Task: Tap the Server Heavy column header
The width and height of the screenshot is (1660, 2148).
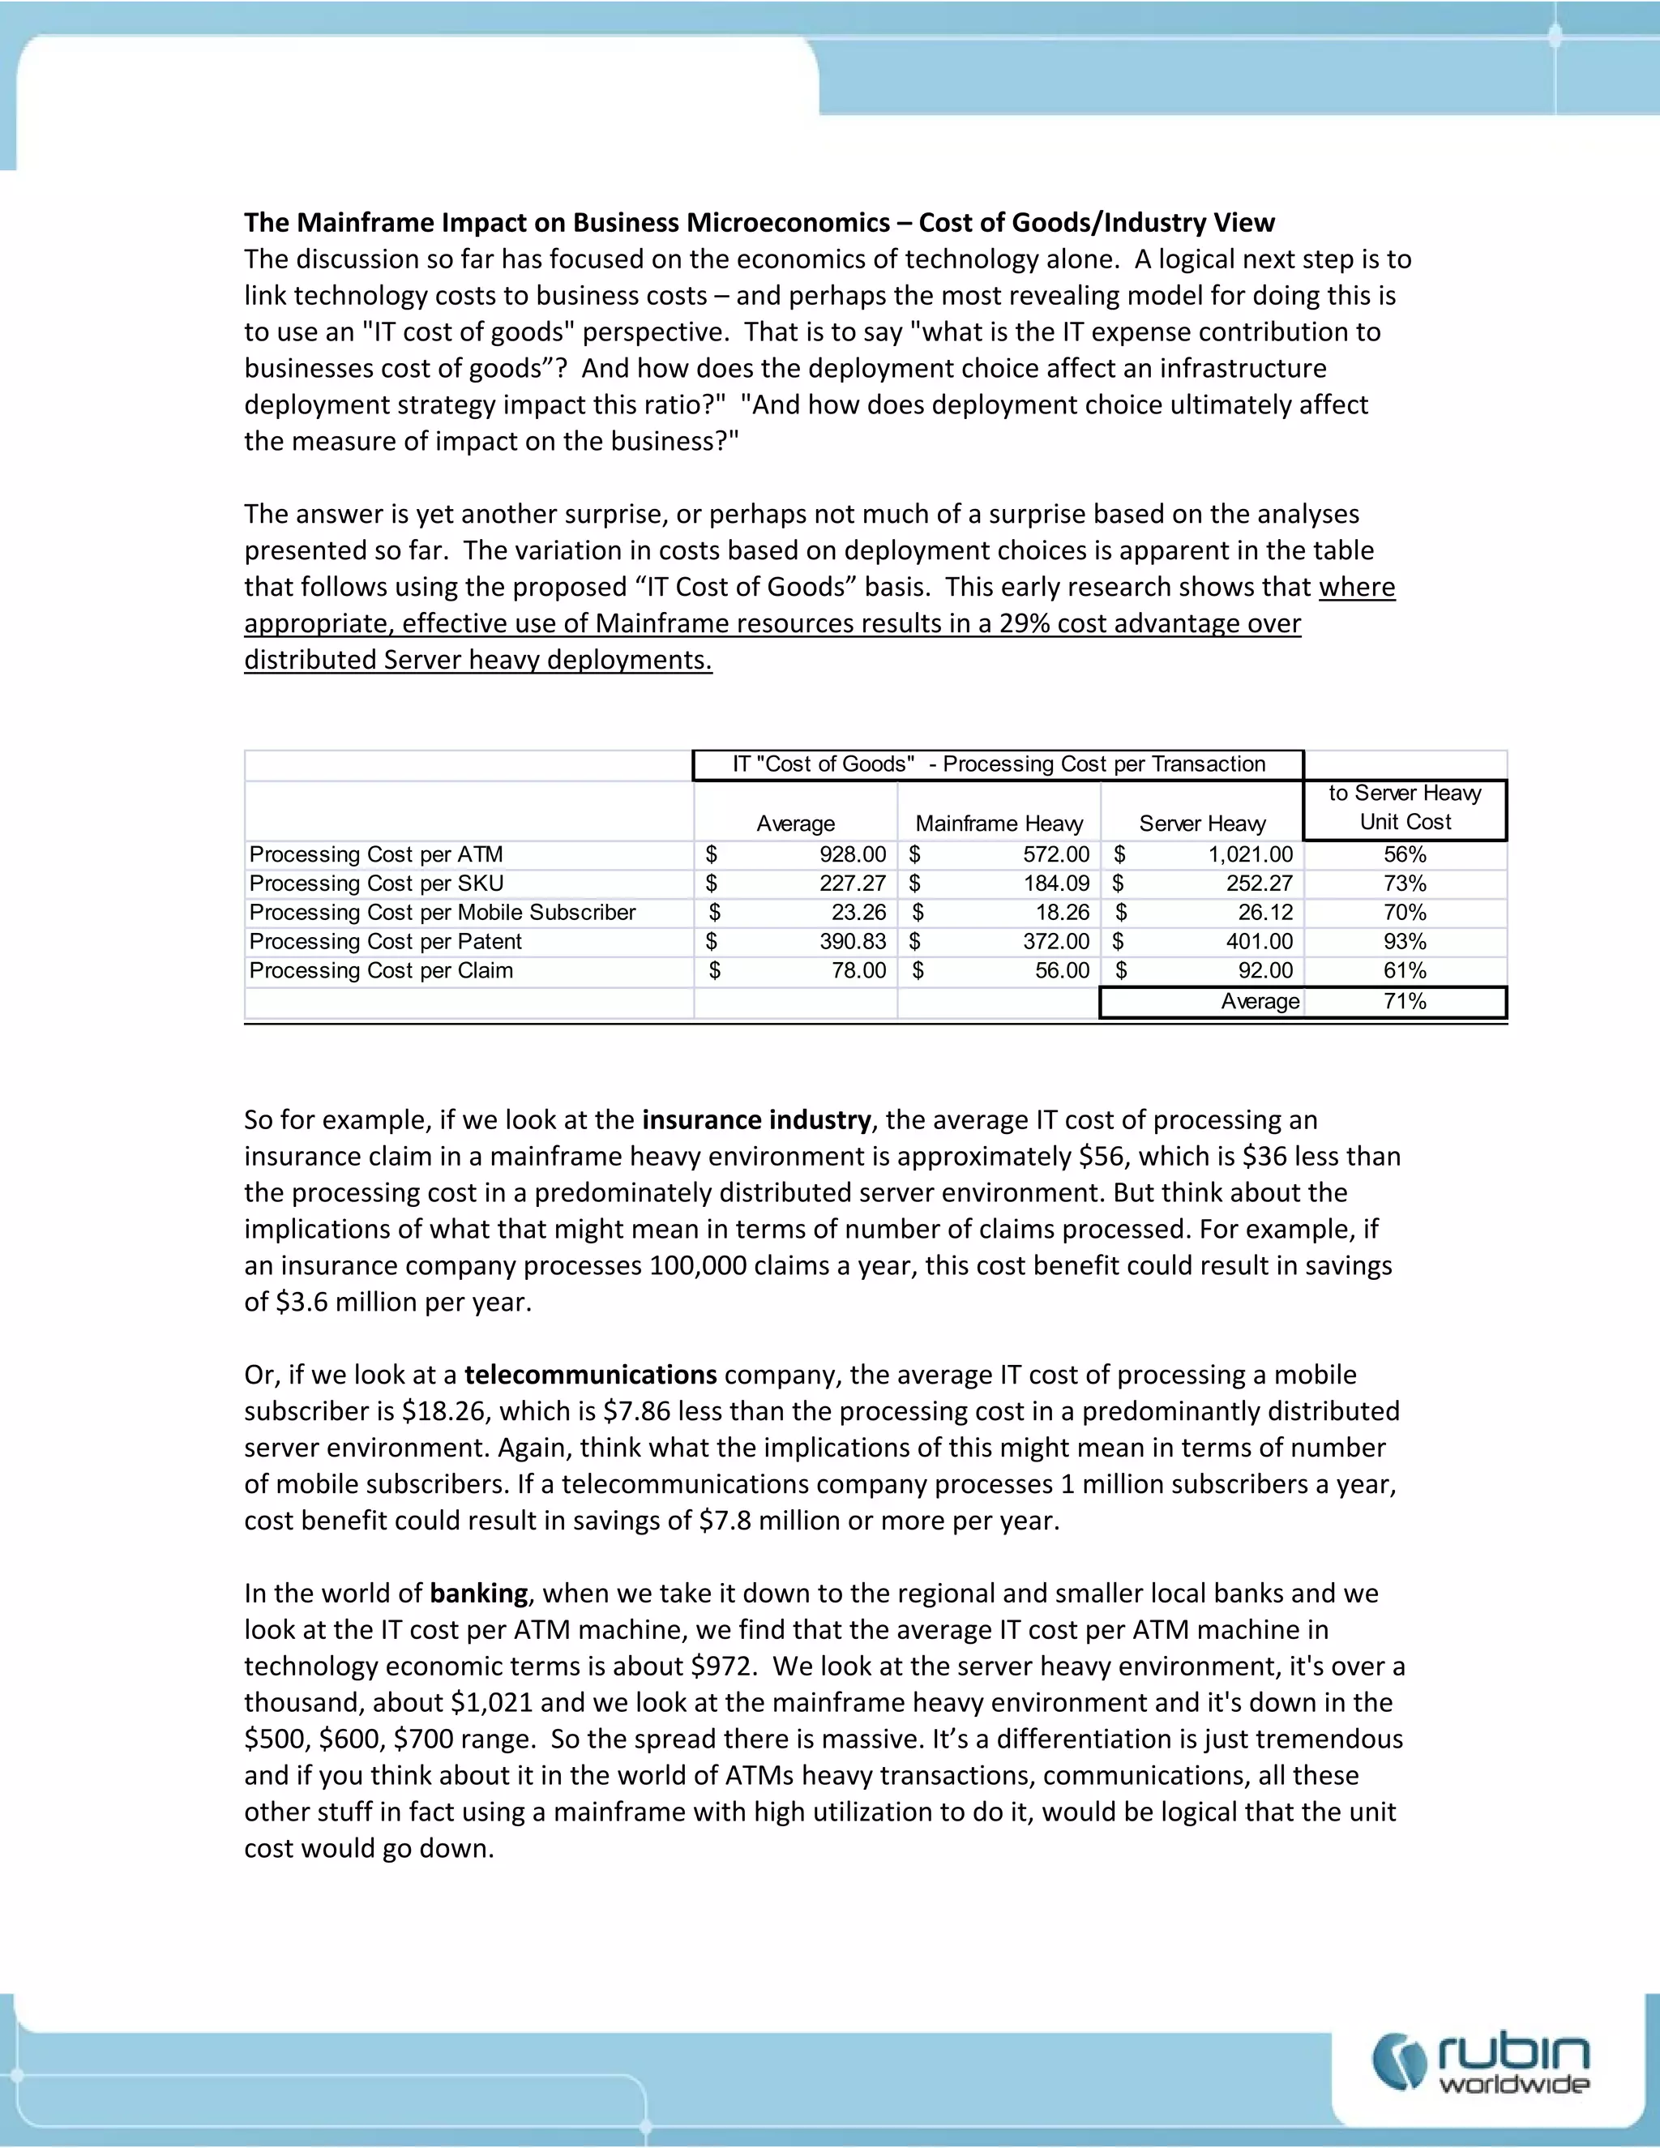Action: (x=1202, y=824)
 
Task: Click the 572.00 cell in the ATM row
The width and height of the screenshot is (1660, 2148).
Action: (x=1056, y=854)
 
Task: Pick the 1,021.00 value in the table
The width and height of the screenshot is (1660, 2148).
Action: (x=1250, y=854)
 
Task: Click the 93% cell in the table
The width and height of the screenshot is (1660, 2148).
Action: (x=1405, y=941)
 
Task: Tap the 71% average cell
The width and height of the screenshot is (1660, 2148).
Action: (x=1405, y=1001)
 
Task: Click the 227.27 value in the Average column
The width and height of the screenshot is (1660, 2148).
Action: (x=853, y=884)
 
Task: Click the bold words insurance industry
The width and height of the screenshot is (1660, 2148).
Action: (x=756, y=1120)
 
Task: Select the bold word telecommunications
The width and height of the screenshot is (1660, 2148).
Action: (x=590, y=1375)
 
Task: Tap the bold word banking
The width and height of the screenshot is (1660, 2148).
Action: (x=479, y=1594)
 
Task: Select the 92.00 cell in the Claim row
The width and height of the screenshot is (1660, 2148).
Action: (x=1264, y=971)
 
